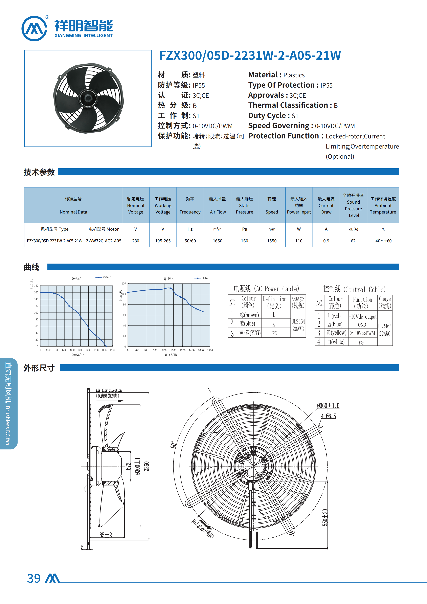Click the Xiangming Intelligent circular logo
34,28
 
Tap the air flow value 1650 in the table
217,241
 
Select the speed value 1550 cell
272,241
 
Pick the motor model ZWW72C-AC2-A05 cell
104,241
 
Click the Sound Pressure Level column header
353,205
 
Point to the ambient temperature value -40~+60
383,241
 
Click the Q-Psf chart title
76,278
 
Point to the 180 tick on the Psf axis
36,286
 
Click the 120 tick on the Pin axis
124,284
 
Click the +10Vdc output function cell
363,316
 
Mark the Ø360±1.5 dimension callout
328,406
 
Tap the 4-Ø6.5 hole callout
328,416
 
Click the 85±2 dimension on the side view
106,535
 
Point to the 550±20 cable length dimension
325,517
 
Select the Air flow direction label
109,390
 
